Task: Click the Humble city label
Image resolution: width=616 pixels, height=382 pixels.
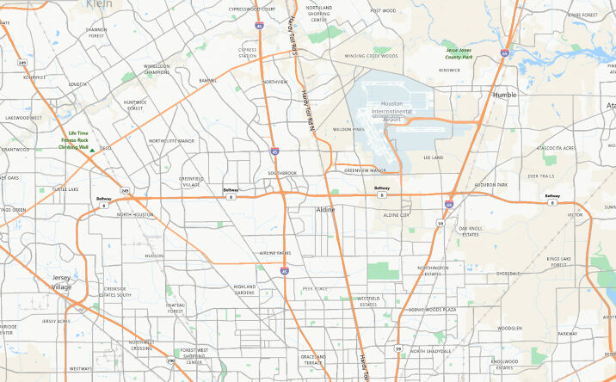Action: [x=504, y=95]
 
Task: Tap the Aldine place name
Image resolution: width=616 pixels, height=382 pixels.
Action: [x=326, y=209]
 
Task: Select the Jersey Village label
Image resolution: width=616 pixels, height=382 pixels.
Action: [x=62, y=282]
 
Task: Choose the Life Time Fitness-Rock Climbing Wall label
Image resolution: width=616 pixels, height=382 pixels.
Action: [x=73, y=140]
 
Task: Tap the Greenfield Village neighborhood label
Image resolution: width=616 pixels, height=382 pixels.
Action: [x=190, y=182]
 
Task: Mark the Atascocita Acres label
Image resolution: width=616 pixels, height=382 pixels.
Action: [x=557, y=148]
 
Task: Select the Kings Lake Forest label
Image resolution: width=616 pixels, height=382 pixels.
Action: [x=558, y=262]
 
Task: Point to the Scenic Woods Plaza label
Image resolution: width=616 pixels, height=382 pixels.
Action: [x=432, y=308]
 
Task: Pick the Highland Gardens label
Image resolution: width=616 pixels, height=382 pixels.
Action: [x=244, y=289]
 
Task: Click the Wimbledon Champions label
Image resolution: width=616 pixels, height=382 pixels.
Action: [x=157, y=69]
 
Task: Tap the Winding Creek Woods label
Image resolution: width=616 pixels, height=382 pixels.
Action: [x=371, y=56]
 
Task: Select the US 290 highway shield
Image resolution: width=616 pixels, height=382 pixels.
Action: [x=170, y=361]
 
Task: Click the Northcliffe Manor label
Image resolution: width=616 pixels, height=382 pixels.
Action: [x=171, y=140]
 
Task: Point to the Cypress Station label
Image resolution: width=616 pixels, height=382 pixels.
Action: [x=248, y=52]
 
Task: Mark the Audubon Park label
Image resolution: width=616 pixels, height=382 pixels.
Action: [x=491, y=185]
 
